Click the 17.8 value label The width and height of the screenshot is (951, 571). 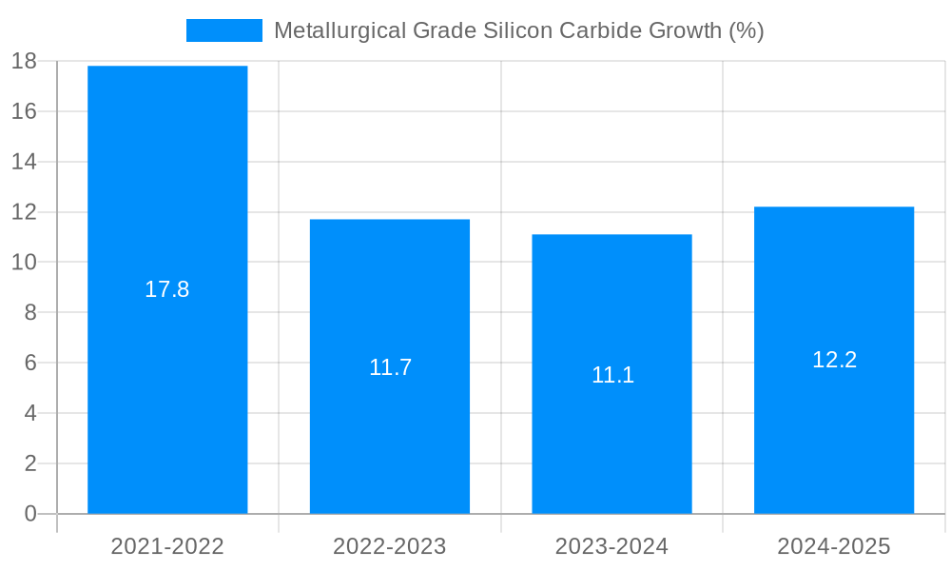point(167,290)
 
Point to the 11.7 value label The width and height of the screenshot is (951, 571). point(390,367)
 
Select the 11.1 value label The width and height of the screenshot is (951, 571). point(612,375)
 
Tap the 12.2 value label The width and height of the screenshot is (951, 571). point(834,360)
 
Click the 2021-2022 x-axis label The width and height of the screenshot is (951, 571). point(167,546)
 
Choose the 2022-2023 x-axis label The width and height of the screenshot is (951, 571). point(390,546)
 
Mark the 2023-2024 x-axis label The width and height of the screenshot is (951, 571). point(611,546)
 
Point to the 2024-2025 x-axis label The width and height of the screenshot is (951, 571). point(834,546)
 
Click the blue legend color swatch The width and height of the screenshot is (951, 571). point(224,30)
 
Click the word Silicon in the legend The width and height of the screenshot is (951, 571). point(519,30)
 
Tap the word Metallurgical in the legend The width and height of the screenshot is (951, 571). point(340,30)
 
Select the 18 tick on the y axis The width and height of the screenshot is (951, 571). point(24,62)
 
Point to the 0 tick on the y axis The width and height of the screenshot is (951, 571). point(29,514)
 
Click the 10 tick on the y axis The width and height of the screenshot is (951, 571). point(24,263)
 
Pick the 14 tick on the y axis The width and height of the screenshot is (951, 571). point(24,162)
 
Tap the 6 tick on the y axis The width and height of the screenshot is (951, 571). point(29,363)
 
